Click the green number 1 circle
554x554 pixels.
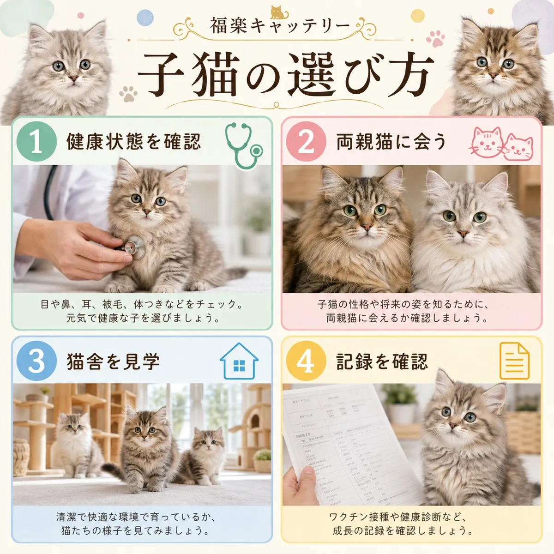click(x=36, y=142)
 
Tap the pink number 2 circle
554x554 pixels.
click(x=306, y=142)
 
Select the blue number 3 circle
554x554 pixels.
click(x=36, y=361)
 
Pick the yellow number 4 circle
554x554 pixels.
click(x=306, y=361)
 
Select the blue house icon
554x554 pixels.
click(x=239, y=361)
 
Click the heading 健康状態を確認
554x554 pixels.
click(x=133, y=142)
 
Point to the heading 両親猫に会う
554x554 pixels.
click(x=391, y=142)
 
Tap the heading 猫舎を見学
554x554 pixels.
click(x=113, y=361)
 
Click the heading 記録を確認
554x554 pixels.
click(x=382, y=361)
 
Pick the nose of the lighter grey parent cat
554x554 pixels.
click(x=460, y=235)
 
